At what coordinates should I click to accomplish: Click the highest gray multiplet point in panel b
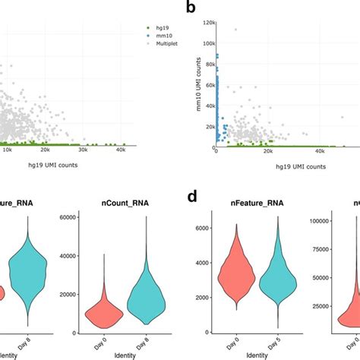[x=236, y=30]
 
